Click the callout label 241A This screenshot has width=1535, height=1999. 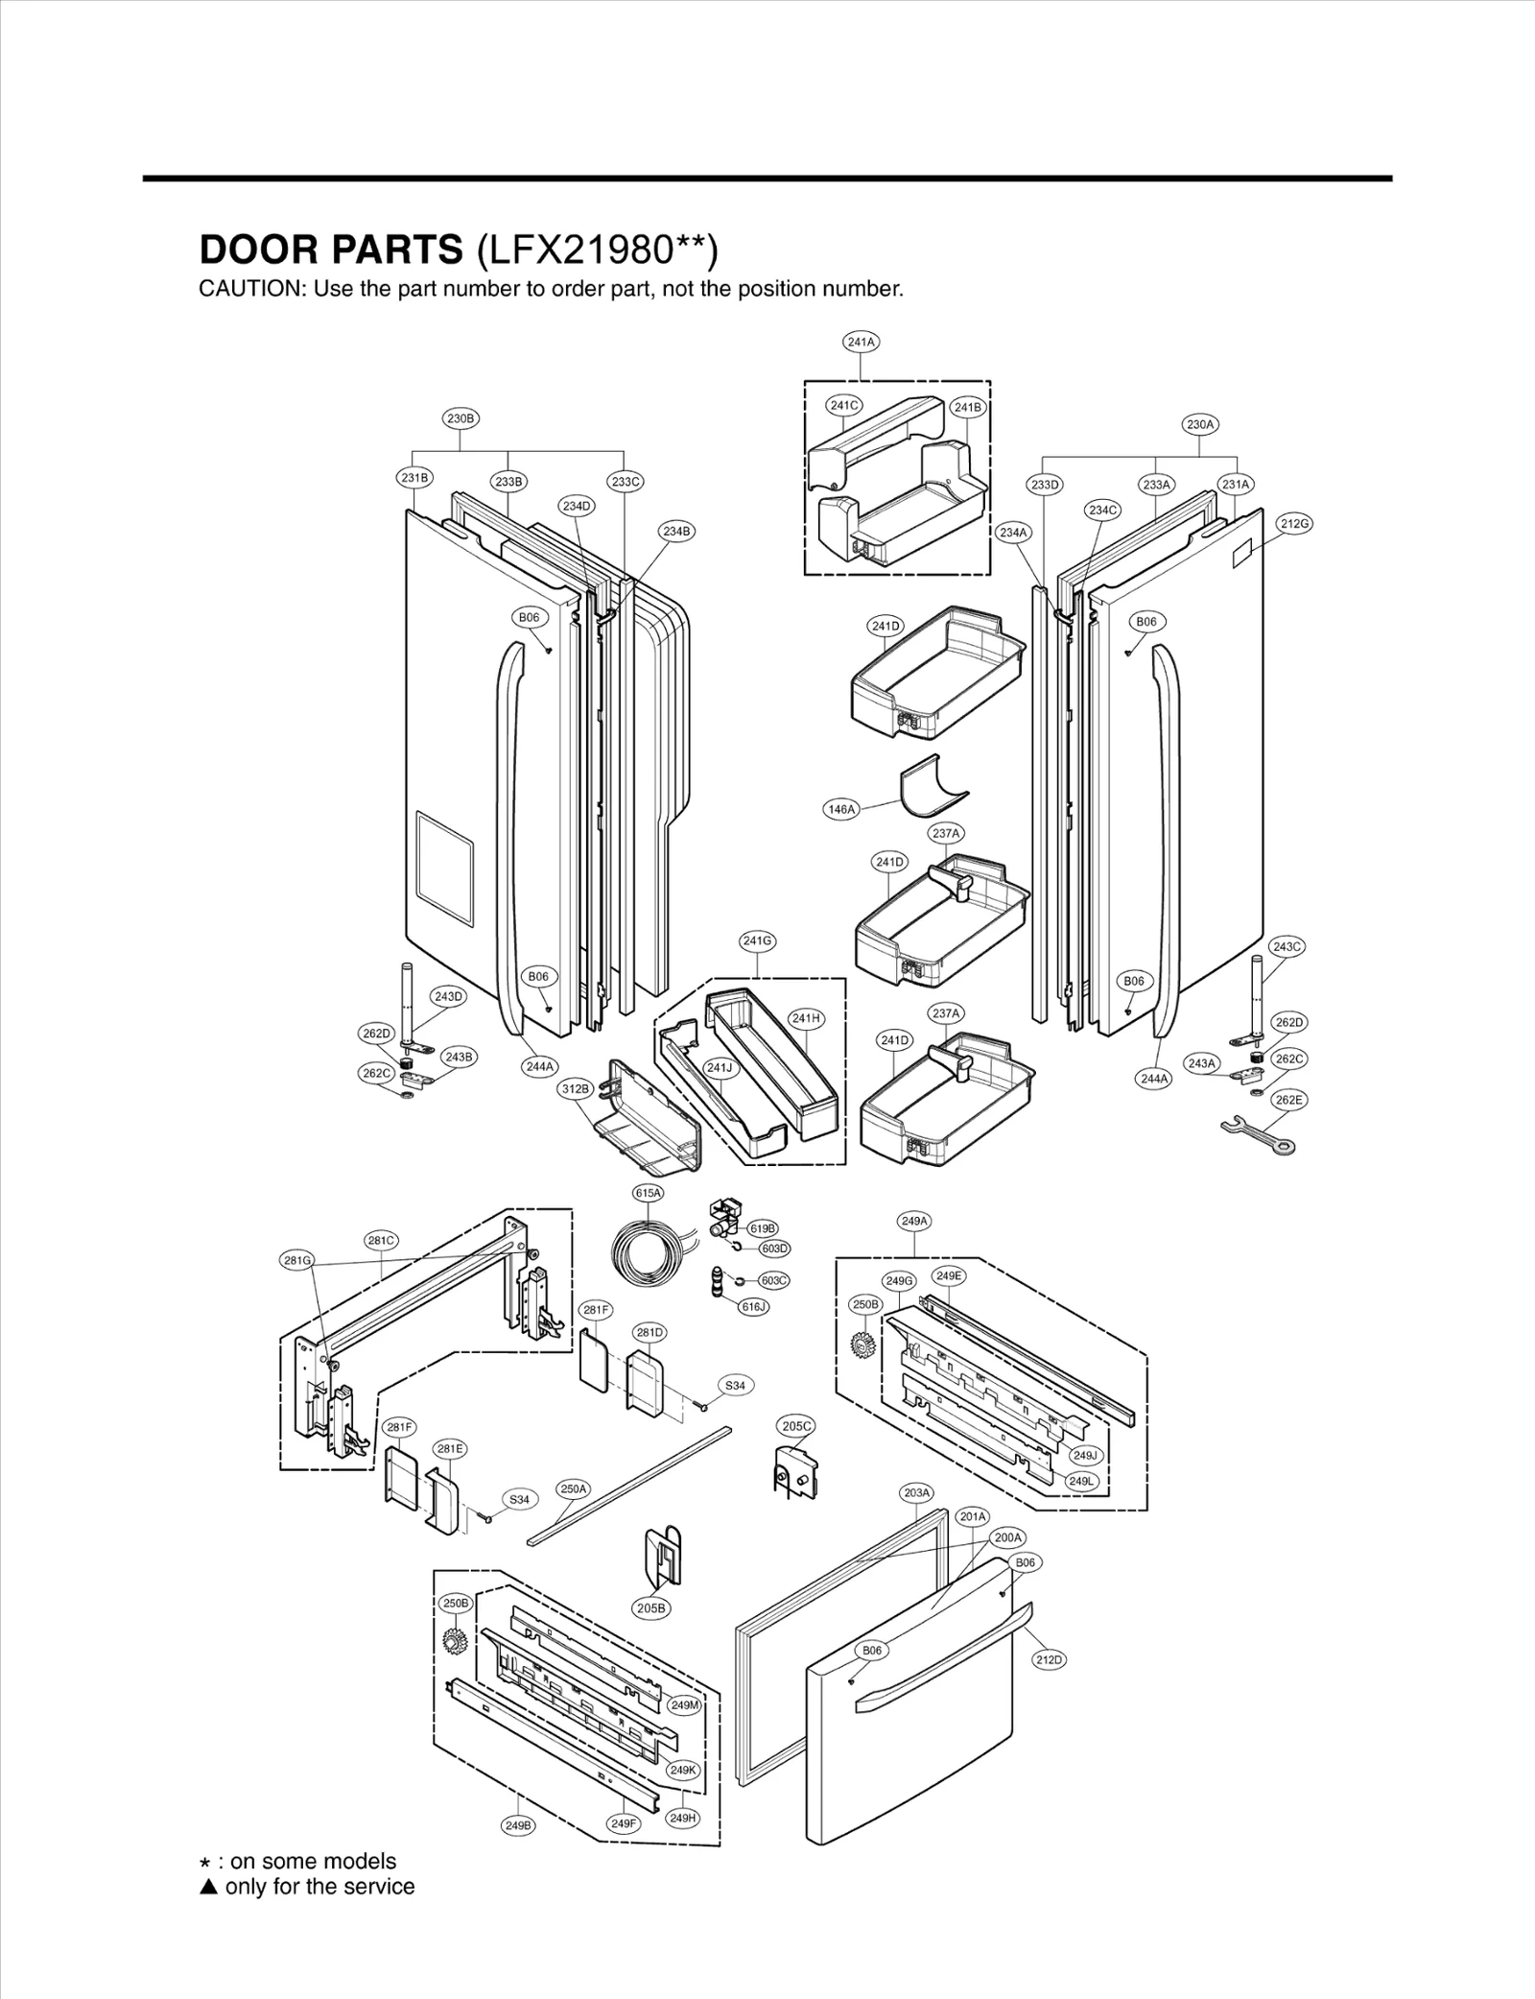click(861, 342)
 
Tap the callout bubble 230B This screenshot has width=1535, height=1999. click(460, 418)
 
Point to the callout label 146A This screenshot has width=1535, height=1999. click(840, 809)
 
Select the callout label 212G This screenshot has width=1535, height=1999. click(1294, 523)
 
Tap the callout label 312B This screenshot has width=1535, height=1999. click(575, 1088)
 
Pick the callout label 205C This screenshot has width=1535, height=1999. click(796, 1426)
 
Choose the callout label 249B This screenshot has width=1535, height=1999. click(517, 1825)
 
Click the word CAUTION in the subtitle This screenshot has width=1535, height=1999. click(248, 289)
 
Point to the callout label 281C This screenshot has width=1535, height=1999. click(382, 1241)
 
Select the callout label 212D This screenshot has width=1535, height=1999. click(1049, 1659)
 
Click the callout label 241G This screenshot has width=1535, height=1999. click(757, 941)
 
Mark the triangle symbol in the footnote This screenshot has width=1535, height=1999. click(208, 1887)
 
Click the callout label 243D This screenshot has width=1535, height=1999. click(448, 996)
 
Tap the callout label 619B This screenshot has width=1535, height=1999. click(763, 1228)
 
